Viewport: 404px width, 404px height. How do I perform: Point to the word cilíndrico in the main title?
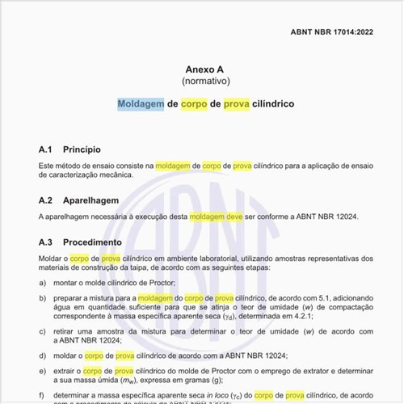[271, 104]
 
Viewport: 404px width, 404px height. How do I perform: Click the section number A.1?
[46, 149]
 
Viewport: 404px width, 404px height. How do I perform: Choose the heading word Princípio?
[82, 149]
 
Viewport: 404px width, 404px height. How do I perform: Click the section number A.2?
[46, 200]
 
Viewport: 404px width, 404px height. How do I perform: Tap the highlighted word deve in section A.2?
[234, 217]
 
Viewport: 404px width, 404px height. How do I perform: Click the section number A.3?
[46, 242]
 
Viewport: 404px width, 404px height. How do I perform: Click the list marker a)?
[42, 283]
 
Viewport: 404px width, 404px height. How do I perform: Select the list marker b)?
[42, 298]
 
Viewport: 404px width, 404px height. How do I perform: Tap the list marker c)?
[42, 331]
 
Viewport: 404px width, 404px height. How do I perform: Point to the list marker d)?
[42, 356]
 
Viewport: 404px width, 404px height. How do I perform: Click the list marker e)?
[42, 371]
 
